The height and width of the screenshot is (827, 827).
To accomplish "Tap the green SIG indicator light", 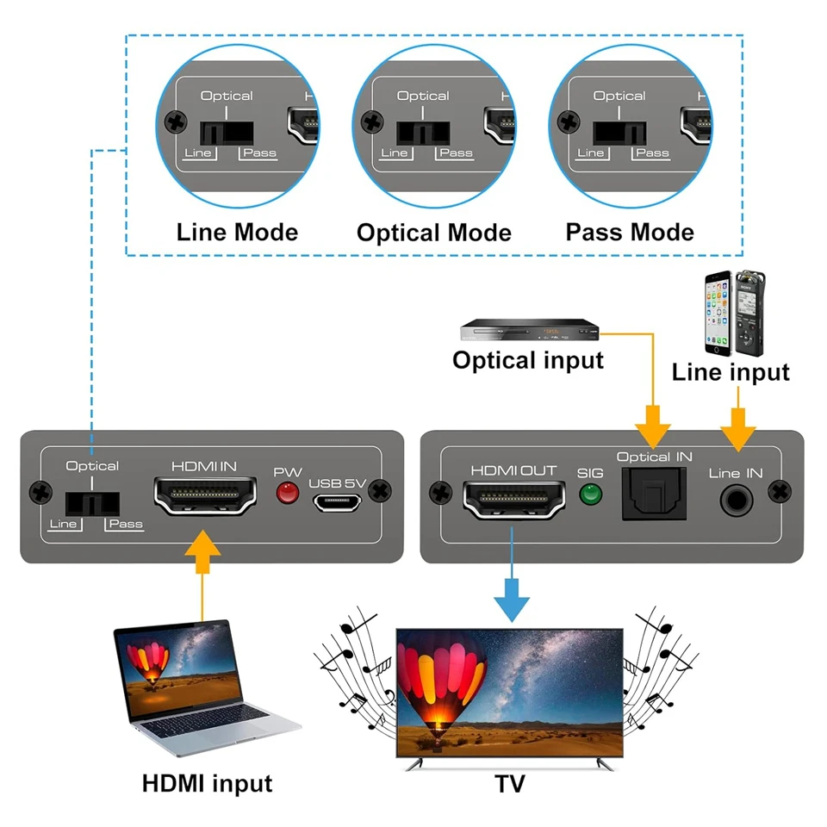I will coord(590,494).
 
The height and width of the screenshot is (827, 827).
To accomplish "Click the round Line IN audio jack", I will coord(736,499).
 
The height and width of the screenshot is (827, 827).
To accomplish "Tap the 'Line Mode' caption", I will coord(237,233).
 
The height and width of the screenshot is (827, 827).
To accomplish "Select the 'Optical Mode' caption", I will coord(433,233).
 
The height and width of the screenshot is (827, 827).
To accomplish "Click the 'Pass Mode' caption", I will coord(630,233).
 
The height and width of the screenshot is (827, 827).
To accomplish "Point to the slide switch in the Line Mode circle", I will coord(227,134).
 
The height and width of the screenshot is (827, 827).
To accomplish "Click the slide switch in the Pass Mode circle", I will coord(619,134).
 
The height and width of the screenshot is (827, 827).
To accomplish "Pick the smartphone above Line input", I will coord(718,314).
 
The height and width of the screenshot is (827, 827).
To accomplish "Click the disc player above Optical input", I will coord(529,331).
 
